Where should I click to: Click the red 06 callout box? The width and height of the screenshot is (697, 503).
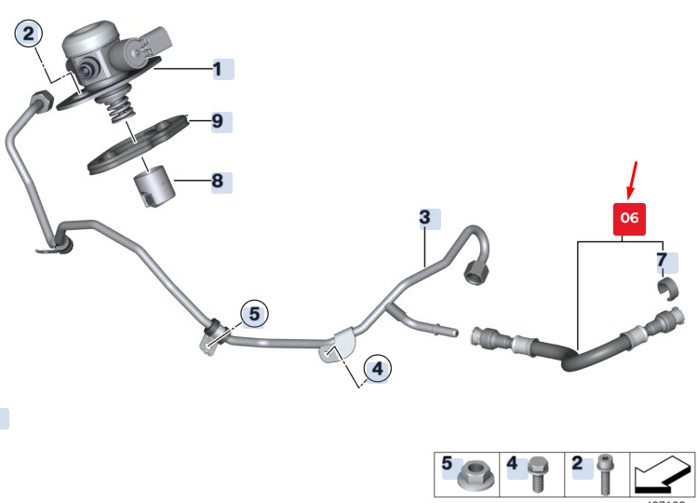pyautogui.click(x=629, y=218)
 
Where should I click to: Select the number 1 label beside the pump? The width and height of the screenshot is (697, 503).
pyautogui.click(x=219, y=69)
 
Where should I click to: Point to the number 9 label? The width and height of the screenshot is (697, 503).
pyautogui.click(x=218, y=121)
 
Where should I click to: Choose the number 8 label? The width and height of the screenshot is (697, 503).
pyautogui.click(x=218, y=181)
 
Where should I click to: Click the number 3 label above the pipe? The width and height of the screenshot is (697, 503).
pyautogui.click(x=425, y=219)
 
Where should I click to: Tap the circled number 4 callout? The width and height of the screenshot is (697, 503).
pyautogui.click(x=376, y=370)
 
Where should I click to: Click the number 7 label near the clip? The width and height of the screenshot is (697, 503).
pyautogui.click(x=662, y=260)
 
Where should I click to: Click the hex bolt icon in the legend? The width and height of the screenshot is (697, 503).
pyautogui.click(x=538, y=472)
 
